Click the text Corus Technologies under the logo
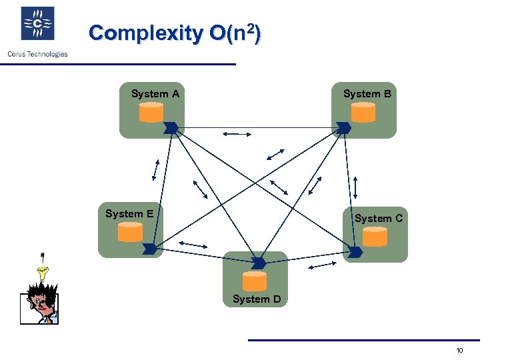point(37,54)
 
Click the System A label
point(155,94)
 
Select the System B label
point(367,94)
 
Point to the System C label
point(378,218)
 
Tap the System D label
point(257,299)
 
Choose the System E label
point(129,214)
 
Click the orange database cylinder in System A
point(151,113)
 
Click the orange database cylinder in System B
point(363,113)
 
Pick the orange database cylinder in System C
point(375,237)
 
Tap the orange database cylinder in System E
point(131,231)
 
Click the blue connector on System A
point(171,127)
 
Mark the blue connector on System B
point(343,127)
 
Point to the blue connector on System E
point(150,249)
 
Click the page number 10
point(459,351)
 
